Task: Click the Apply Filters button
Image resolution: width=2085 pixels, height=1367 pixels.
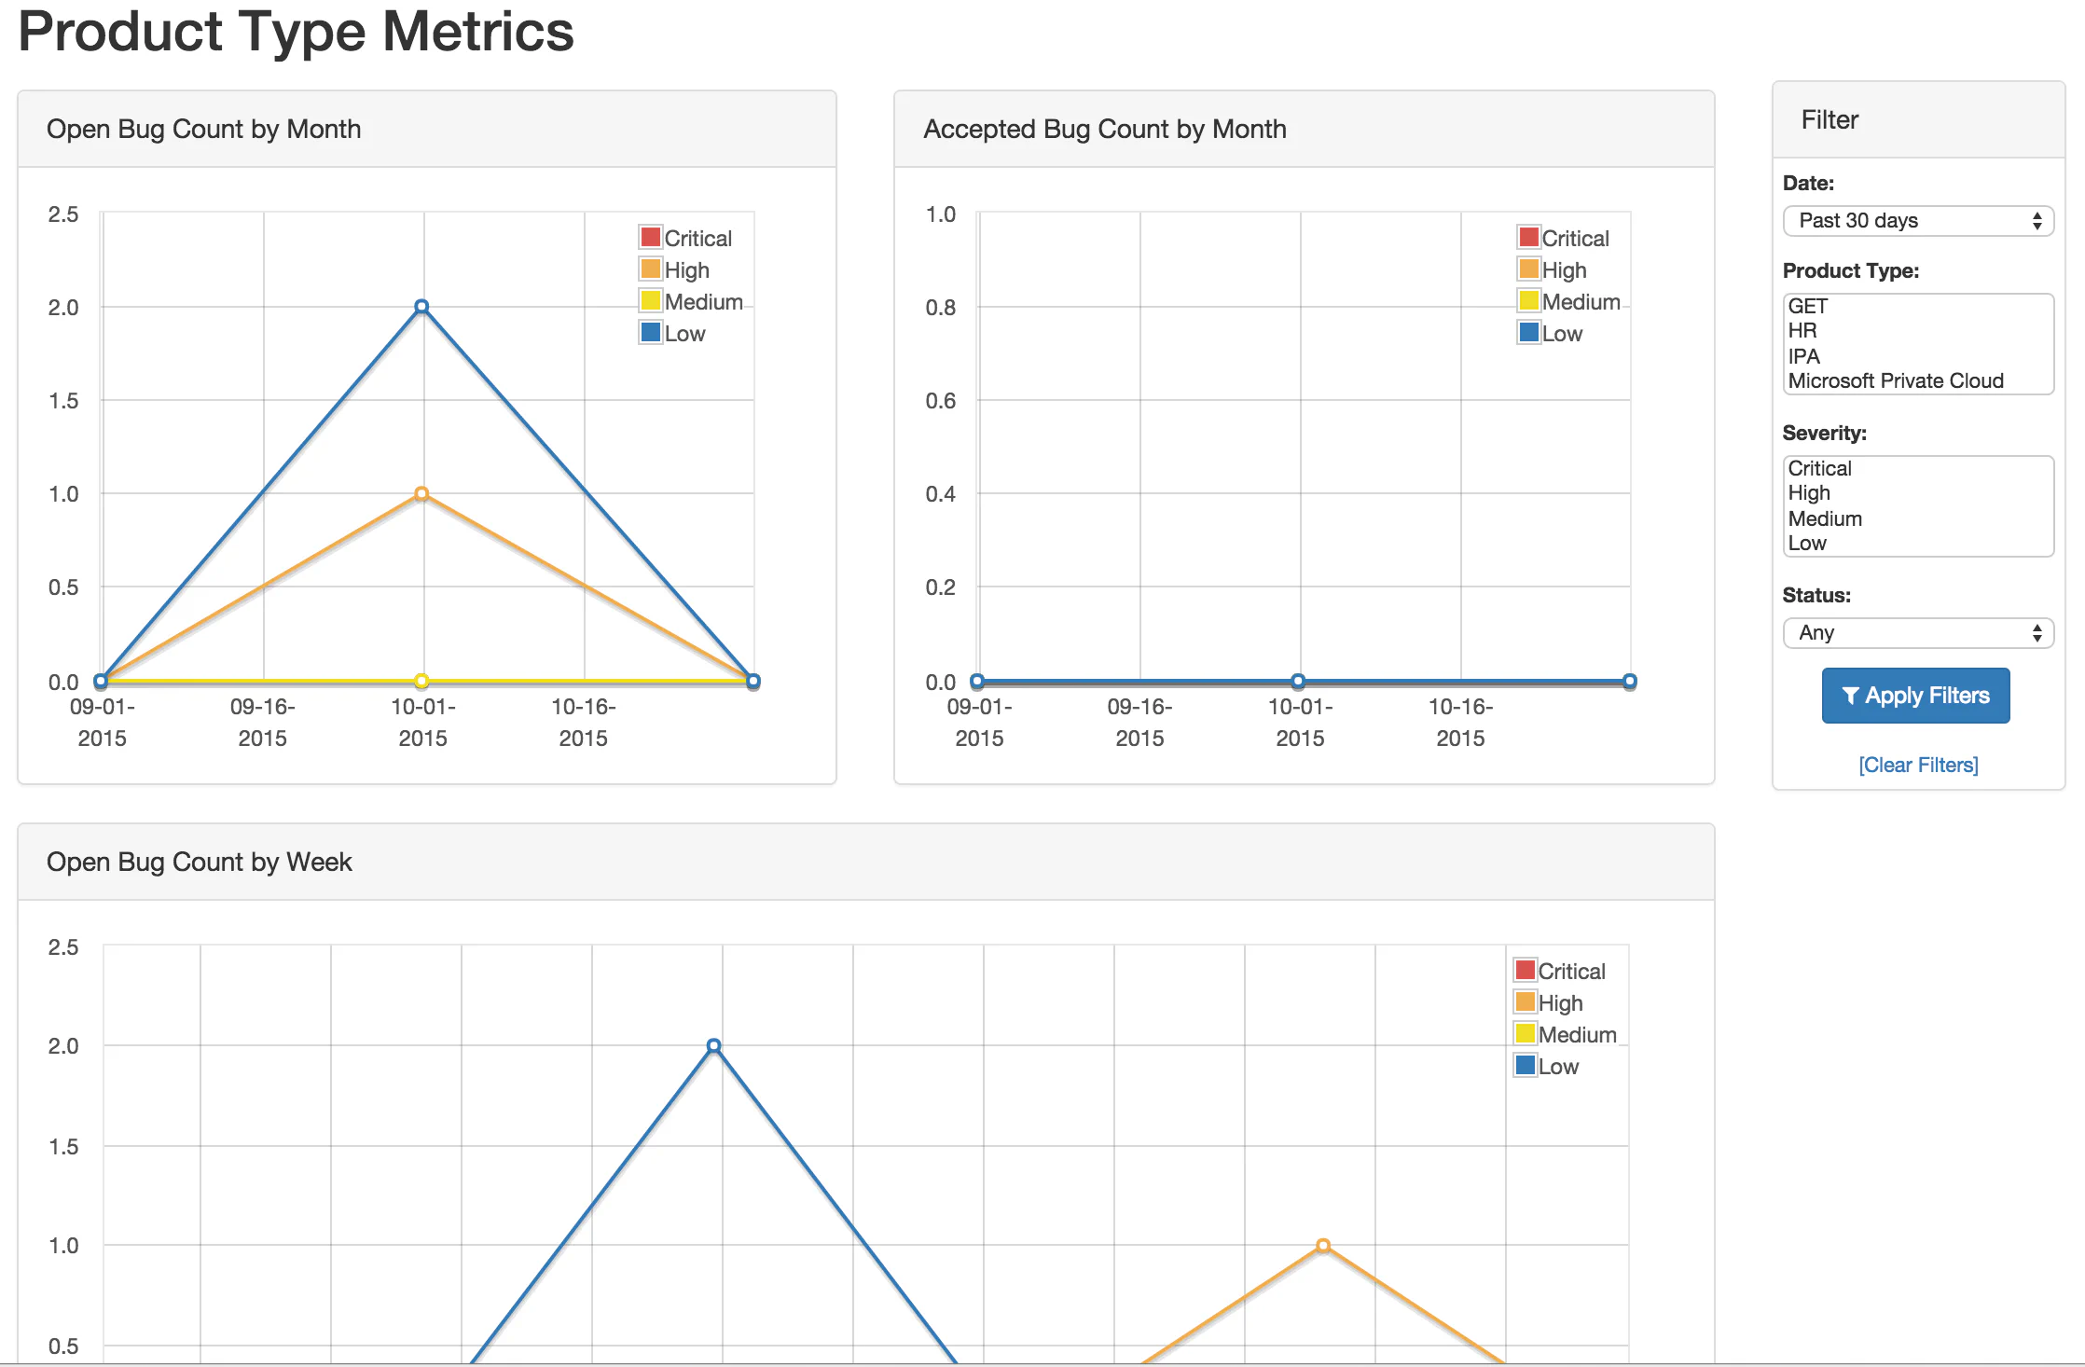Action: [1915, 696]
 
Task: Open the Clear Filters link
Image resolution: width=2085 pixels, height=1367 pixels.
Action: [1918, 765]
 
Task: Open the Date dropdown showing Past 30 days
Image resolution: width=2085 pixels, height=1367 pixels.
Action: [1918, 221]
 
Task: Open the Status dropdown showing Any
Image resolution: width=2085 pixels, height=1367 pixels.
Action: [1918, 633]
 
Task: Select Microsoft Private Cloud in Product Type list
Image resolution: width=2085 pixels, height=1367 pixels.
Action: [1896, 380]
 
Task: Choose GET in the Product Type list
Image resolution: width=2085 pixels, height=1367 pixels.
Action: [1808, 306]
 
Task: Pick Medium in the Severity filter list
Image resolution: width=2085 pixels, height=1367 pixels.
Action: [1825, 518]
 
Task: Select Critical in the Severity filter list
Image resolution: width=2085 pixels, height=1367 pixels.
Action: [1819, 468]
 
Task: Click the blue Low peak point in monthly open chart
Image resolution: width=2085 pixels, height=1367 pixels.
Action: [421, 307]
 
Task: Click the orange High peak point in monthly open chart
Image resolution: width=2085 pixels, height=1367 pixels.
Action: [421, 493]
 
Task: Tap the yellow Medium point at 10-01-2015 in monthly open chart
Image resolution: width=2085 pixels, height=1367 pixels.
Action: [421, 681]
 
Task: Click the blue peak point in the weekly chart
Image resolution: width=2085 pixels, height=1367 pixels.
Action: [713, 1046]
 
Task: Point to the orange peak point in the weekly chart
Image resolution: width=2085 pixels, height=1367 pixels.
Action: [1323, 1246]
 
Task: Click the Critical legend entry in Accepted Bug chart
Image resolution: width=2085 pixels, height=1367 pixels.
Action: [1564, 238]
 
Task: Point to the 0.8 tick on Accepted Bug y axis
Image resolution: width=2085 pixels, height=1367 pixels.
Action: [940, 307]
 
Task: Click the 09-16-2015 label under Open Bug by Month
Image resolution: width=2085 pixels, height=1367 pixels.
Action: [262, 722]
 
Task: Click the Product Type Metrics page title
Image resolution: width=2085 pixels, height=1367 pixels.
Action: [296, 31]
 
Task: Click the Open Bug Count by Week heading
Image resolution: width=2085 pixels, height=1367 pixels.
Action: [199, 862]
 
